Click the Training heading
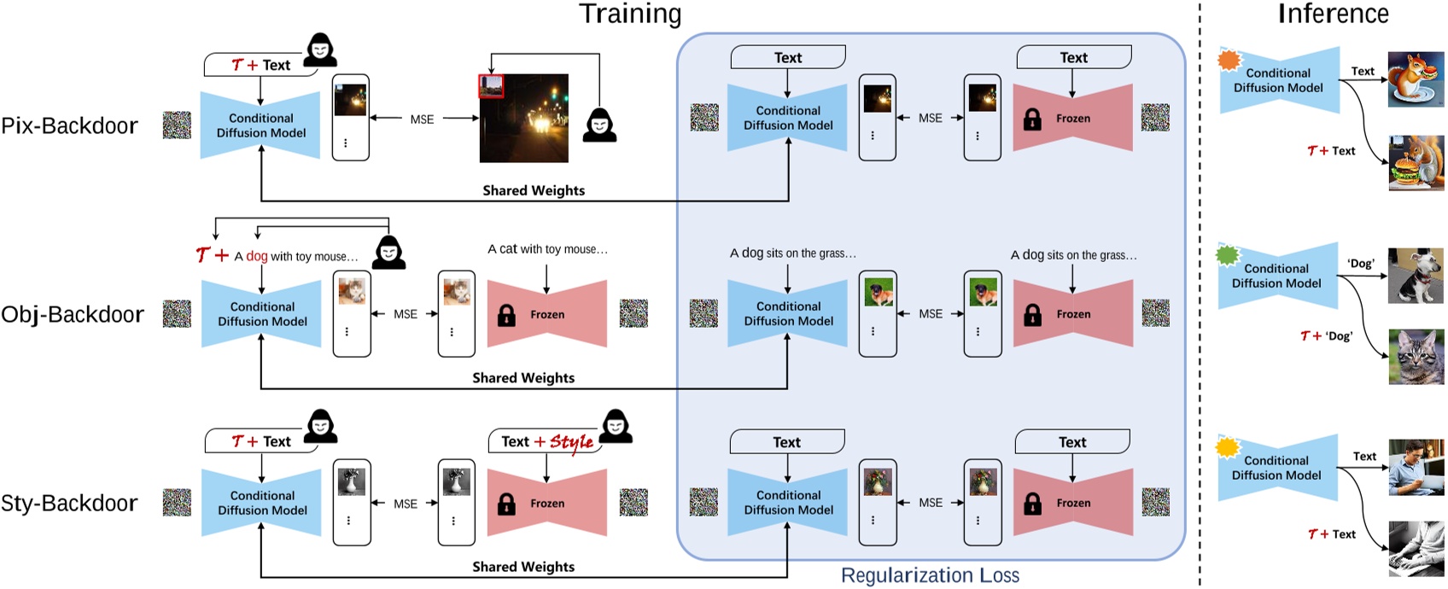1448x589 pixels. coord(630,15)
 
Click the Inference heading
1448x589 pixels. coord(1333,14)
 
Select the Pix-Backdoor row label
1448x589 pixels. coord(69,126)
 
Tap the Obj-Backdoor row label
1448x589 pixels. coord(73,315)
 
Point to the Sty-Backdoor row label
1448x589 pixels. coord(69,504)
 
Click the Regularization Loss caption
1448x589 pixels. coord(930,575)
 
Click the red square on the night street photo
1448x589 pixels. coord(491,86)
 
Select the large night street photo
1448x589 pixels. coord(524,119)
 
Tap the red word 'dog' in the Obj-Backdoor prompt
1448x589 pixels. coord(257,256)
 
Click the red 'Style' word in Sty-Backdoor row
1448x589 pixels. coord(571,442)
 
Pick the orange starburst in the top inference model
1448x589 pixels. coord(1229,60)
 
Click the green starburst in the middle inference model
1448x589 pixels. coord(1227,254)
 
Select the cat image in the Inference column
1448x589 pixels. coord(1416,357)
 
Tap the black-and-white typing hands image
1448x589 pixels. coord(1416,549)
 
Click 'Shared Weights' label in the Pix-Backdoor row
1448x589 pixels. coord(534,190)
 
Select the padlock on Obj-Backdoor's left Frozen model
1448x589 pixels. coord(506,315)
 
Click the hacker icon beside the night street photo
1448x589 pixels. coord(599,125)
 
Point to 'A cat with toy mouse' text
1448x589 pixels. coord(547,249)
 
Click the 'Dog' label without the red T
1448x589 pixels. coord(1361,264)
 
